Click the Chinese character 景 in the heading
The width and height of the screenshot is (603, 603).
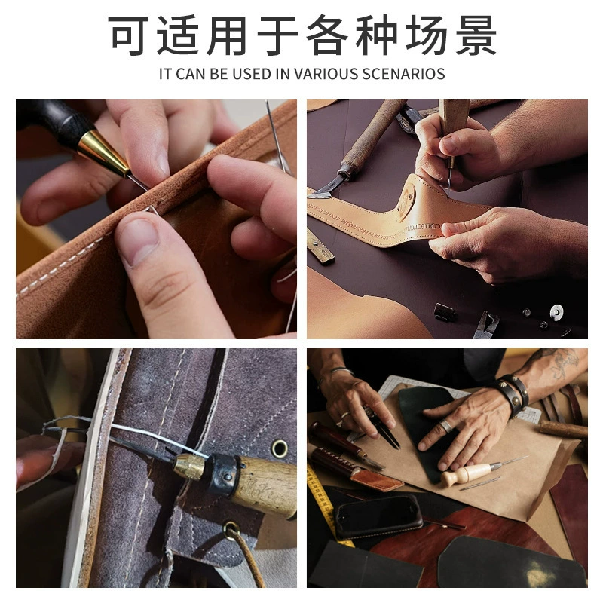[x=476, y=35]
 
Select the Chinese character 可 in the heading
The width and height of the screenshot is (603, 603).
[x=127, y=35]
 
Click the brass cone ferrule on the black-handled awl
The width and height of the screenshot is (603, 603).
[x=104, y=153]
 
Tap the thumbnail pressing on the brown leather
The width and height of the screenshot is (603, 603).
[x=139, y=241]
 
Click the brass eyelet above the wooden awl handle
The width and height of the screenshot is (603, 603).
[x=280, y=448]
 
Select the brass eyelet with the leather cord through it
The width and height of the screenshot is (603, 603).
[x=231, y=531]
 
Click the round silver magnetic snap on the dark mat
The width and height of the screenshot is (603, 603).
[x=556, y=311]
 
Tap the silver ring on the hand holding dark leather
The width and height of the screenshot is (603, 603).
[x=447, y=426]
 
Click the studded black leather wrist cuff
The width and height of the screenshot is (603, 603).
[x=512, y=394]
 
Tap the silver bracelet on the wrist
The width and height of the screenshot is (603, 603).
[x=341, y=370]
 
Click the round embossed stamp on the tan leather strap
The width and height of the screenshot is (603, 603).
[x=406, y=201]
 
